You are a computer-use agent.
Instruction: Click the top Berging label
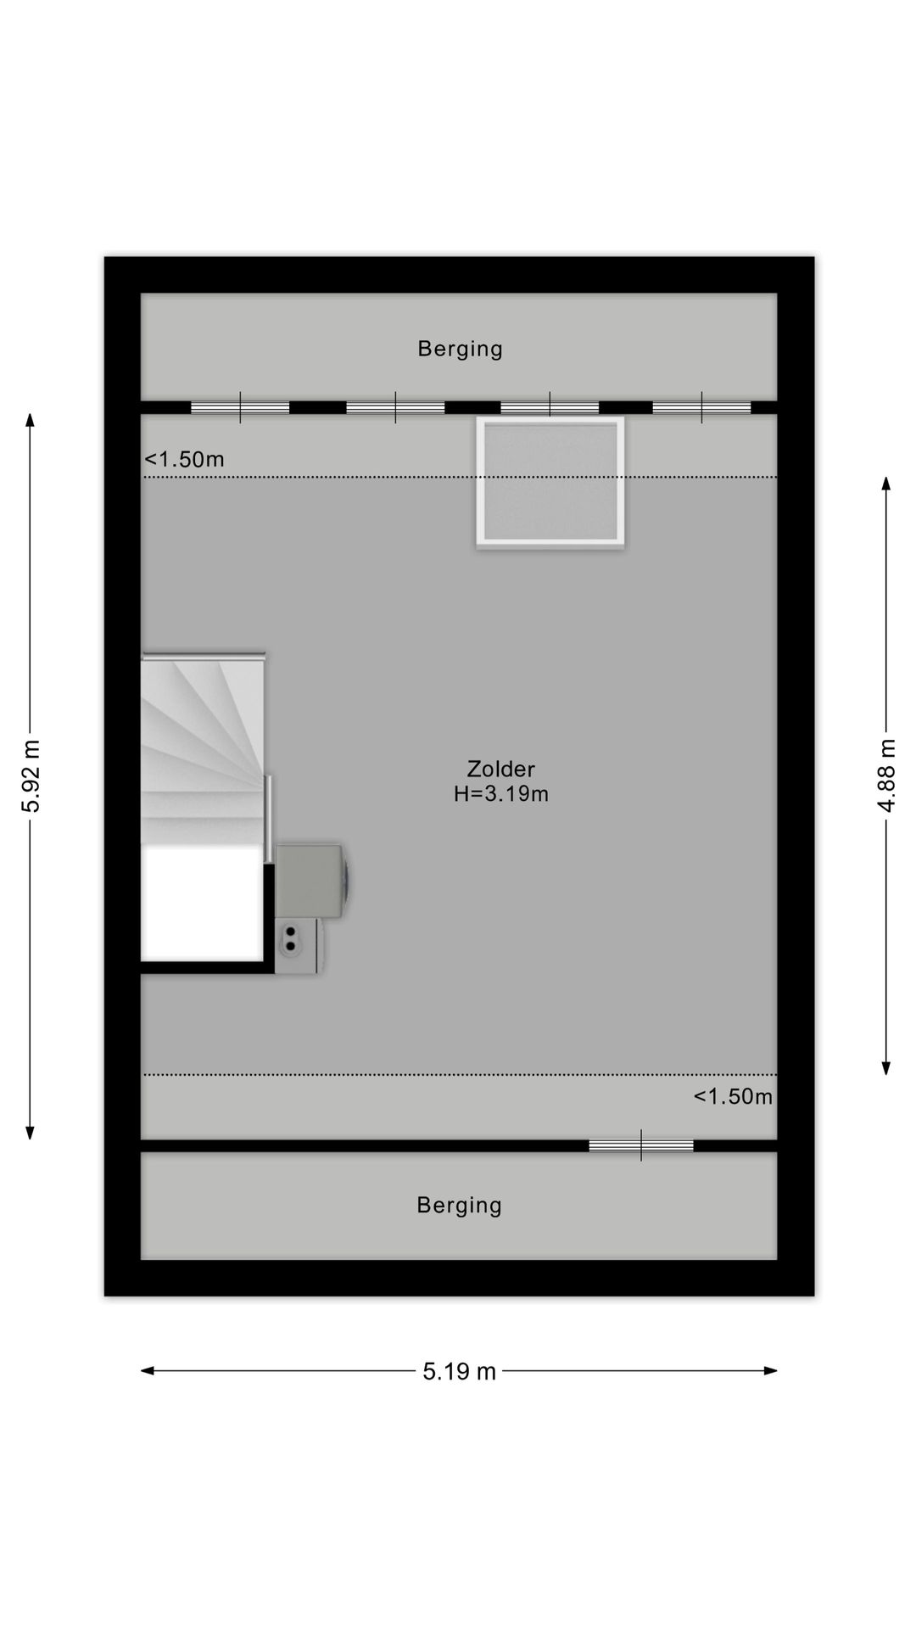tap(460, 349)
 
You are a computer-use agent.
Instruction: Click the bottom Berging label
tap(459, 1205)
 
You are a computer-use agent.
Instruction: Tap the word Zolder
tap(500, 769)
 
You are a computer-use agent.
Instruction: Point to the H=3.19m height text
tap(500, 794)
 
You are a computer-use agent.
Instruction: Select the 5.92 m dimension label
tap(31, 775)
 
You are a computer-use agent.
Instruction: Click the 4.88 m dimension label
tap(886, 775)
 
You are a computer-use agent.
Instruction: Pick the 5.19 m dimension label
tap(459, 1371)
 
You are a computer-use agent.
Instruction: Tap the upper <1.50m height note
tap(184, 459)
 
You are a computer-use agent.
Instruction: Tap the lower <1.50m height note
tap(733, 1096)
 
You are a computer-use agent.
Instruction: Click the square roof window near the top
tap(550, 481)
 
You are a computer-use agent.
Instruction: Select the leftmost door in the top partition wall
tap(240, 408)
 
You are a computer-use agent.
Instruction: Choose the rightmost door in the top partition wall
tap(701, 408)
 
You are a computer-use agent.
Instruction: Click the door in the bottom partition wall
tap(641, 1145)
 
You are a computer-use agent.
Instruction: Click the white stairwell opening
tap(201, 904)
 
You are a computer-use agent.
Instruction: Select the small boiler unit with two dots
tap(297, 945)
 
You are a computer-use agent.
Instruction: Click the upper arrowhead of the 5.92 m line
tap(31, 419)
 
